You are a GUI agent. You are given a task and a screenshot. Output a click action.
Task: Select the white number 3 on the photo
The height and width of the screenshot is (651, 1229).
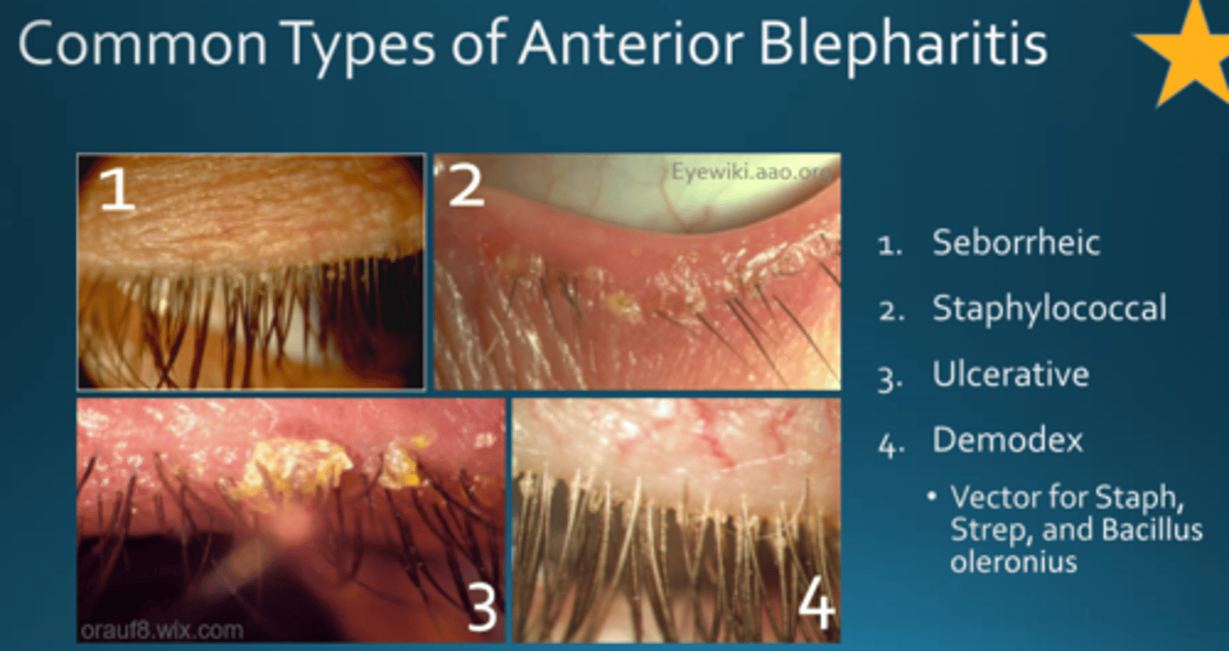point(481,607)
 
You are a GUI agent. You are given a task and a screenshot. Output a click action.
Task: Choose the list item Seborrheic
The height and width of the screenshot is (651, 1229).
point(1016,242)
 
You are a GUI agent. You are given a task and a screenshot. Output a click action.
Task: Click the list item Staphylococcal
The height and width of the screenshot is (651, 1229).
point(1049,308)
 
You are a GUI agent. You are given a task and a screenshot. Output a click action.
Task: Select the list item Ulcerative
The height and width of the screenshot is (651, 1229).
point(1011,375)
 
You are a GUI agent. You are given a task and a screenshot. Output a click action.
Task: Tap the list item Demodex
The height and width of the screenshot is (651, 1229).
point(1007,440)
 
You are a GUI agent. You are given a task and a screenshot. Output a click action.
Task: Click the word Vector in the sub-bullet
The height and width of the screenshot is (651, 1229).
point(995,497)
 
